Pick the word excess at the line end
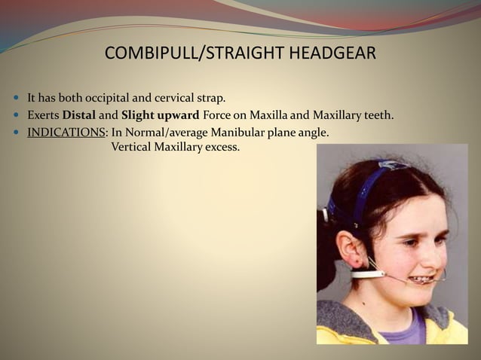pyautogui.click(x=223, y=146)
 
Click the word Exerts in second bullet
pyautogui.click(x=43, y=116)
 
